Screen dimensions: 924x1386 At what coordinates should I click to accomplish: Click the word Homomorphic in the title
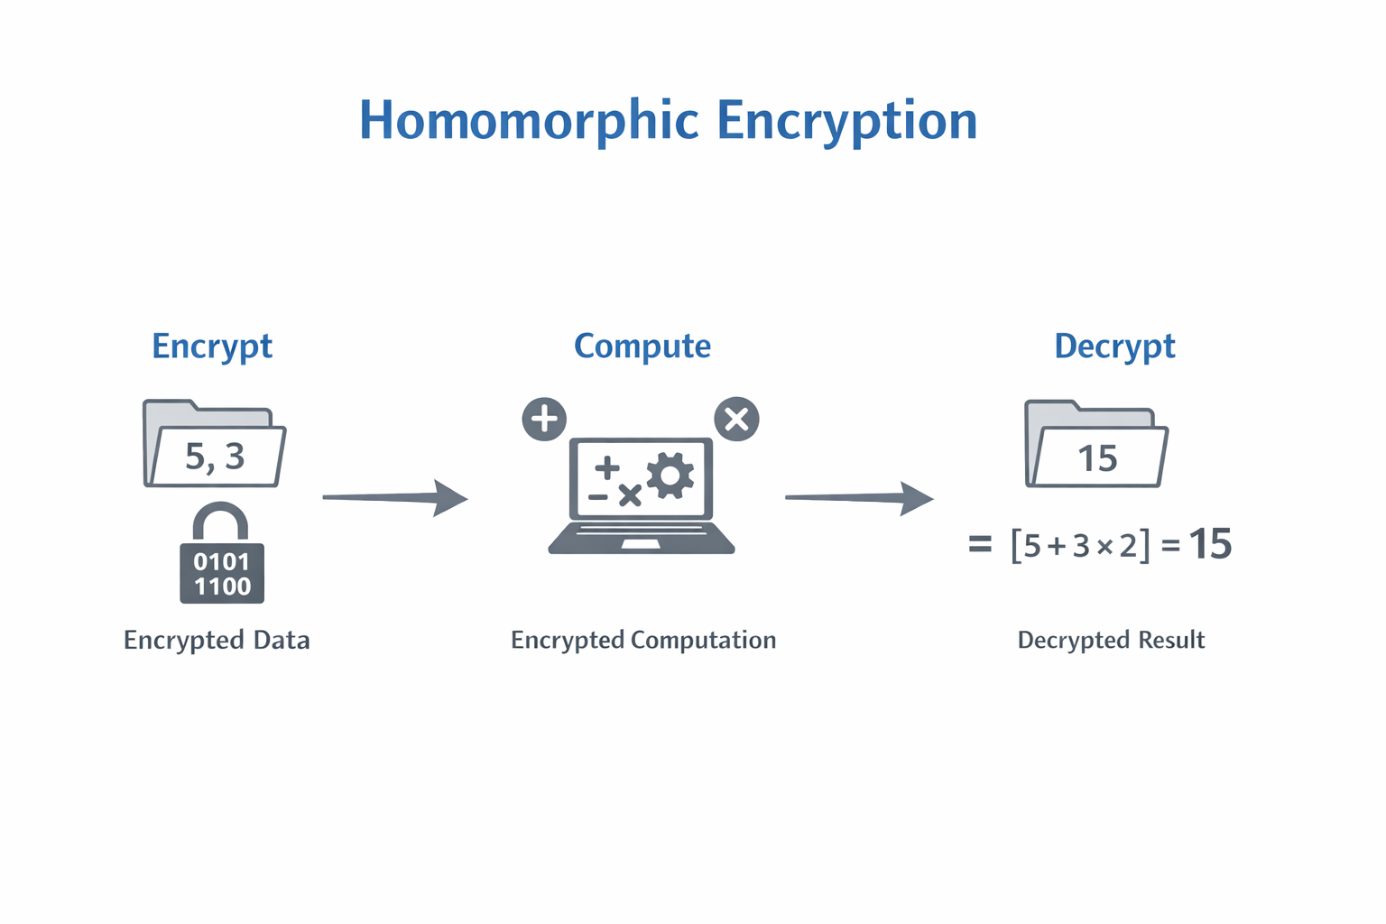click(529, 121)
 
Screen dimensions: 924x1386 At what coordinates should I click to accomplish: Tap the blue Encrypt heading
click(212, 346)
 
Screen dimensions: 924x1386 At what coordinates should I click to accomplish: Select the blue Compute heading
click(642, 346)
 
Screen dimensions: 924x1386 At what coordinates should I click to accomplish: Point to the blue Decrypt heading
click(1114, 346)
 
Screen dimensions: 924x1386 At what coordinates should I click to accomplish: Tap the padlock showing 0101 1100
click(222, 571)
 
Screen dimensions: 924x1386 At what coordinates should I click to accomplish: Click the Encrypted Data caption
click(217, 640)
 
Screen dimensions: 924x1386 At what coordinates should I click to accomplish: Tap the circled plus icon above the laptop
click(544, 420)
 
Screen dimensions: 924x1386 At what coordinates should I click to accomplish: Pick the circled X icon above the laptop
click(736, 420)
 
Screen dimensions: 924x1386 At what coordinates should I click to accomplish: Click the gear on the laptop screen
click(670, 476)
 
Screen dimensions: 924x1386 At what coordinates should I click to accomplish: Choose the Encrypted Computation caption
click(643, 640)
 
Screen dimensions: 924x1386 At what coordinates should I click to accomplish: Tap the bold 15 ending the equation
click(1210, 544)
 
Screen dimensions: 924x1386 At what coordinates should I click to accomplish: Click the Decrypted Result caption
click(1111, 640)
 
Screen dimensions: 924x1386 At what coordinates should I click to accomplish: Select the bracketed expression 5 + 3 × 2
click(1080, 545)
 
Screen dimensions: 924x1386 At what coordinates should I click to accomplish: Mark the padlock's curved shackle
click(220, 519)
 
